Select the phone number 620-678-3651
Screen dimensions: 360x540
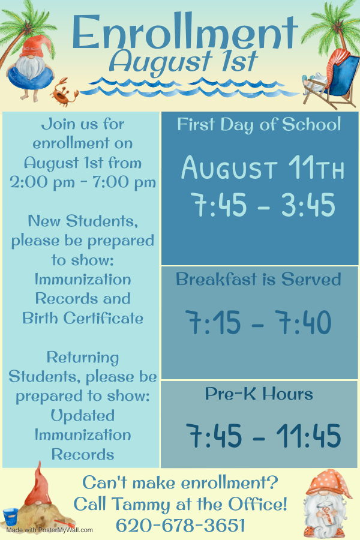coord(181,526)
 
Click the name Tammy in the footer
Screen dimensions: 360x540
coord(142,504)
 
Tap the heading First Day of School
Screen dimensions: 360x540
coord(259,124)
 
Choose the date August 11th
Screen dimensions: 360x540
coord(263,168)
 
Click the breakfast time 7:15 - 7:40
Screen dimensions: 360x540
coord(259,322)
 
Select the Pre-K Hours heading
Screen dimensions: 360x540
coord(259,394)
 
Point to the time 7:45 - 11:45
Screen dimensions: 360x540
coord(263,436)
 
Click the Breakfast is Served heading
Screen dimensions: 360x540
coord(259,279)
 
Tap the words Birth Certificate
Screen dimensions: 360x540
coord(83,318)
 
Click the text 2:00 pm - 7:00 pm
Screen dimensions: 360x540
coord(83,182)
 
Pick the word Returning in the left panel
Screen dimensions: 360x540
coord(83,358)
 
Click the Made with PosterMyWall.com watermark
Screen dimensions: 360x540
coord(49,530)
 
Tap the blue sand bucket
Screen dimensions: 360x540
coord(10,517)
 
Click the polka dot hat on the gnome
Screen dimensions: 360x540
coord(328,482)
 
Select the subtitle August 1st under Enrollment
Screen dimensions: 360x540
coord(184,62)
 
